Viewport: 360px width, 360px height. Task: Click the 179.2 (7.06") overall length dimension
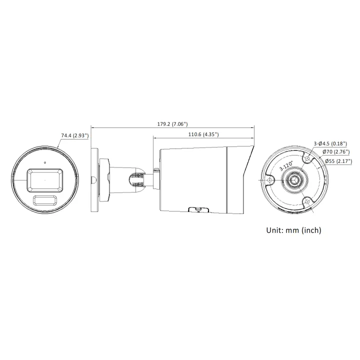click(x=172, y=124)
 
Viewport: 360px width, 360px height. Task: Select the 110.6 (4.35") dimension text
click(x=203, y=134)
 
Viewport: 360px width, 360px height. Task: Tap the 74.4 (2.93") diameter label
click(x=75, y=135)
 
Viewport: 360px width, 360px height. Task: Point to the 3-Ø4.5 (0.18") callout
click(x=330, y=143)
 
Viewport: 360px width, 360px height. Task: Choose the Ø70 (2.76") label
click(x=336, y=152)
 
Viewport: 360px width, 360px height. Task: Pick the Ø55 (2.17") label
click(x=338, y=161)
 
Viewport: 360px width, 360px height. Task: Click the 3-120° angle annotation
click(x=286, y=166)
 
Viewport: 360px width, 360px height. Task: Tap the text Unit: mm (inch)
click(x=293, y=230)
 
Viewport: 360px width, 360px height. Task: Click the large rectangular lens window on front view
click(x=45, y=180)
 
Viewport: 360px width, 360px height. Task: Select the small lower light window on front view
click(x=45, y=200)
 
